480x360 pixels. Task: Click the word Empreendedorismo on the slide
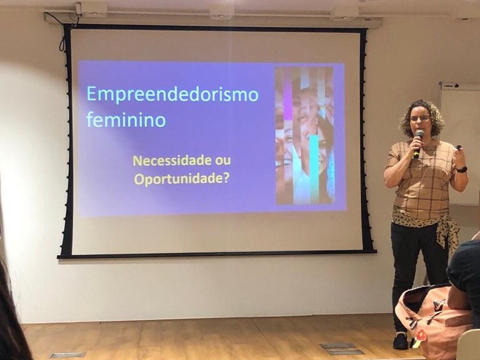pyautogui.click(x=172, y=94)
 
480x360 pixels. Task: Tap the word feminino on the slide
pyautogui.click(x=126, y=119)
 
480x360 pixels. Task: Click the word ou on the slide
pyautogui.click(x=222, y=160)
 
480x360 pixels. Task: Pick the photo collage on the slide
pyautogui.click(x=304, y=135)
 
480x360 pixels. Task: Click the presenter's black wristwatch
pyautogui.click(x=462, y=169)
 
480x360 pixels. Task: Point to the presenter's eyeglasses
pyautogui.click(x=420, y=118)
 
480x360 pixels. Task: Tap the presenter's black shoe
pyautogui.click(x=401, y=341)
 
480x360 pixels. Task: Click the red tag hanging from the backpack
pyautogui.click(x=420, y=336)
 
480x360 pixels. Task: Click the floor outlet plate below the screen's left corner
pyautogui.click(x=67, y=354)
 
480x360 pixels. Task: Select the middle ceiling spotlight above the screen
pyautogui.click(x=221, y=11)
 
